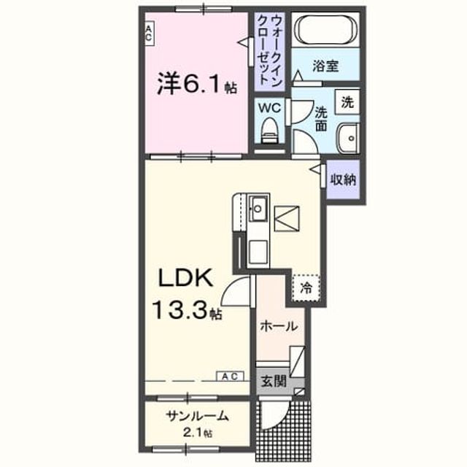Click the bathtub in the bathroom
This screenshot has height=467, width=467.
point(325,29)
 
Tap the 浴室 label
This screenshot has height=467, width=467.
point(325,66)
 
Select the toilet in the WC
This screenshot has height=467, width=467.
point(269,130)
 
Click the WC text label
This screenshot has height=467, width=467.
point(269,107)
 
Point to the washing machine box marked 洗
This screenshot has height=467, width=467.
point(347,101)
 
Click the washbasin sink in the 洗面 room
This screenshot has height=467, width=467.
point(347,138)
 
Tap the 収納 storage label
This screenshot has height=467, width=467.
point(343,180)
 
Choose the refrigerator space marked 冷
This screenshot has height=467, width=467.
point(306,287)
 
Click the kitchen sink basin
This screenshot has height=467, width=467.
point(258,208)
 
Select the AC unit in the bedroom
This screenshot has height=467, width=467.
point(149,33)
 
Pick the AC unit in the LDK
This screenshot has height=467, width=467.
point(230,377)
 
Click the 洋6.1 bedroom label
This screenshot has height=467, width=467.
point(197,84)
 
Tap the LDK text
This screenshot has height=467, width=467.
point(185,277)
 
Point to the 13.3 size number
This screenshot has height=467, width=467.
point(180,309)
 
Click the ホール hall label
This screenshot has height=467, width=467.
point(279,326)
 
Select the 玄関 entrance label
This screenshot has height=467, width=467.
point(274,381)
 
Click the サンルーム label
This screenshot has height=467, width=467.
point(198,416)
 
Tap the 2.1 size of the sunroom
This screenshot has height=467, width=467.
point(193,433)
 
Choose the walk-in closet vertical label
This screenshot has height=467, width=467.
point(269,50)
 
